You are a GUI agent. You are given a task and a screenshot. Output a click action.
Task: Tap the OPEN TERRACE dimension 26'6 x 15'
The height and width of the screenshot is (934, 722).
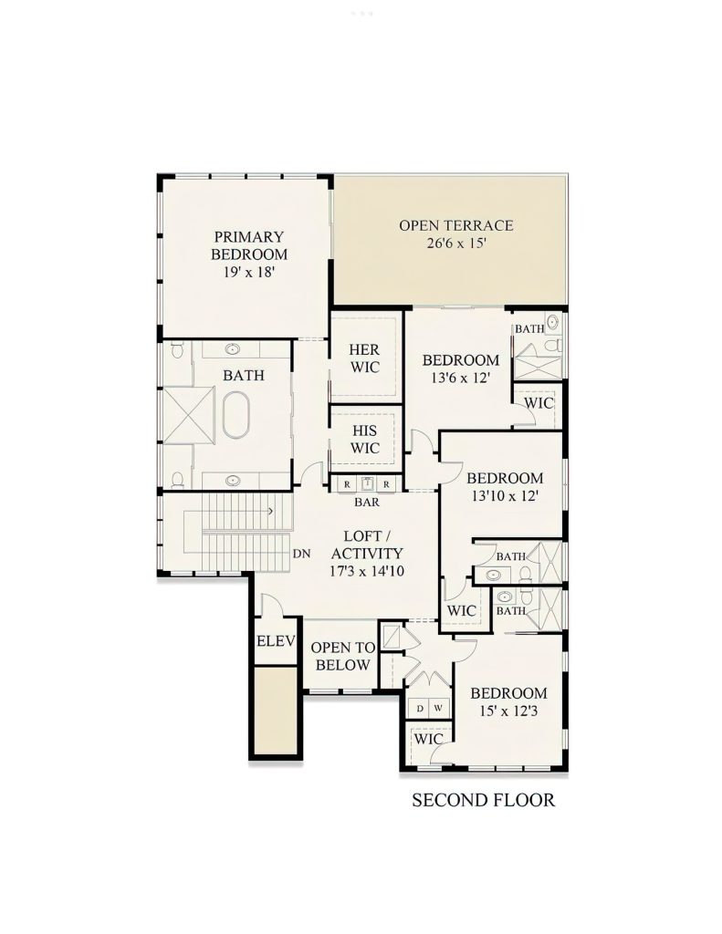(x=455, y=244)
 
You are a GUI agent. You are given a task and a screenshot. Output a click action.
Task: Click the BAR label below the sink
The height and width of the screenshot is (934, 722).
(x=366, y=502)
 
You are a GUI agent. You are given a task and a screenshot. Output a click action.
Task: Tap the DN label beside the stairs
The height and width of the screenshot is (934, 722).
(x=303, y=554)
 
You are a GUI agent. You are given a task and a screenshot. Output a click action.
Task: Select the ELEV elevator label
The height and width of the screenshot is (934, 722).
(x=276, y=641)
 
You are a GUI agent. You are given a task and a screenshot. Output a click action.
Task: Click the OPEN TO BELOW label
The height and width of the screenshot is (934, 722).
(x=341, y=656)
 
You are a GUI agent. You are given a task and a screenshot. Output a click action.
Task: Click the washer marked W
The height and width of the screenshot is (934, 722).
(x=438, y=708)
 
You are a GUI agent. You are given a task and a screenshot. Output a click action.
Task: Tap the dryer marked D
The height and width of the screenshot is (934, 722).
(x=420, y=708)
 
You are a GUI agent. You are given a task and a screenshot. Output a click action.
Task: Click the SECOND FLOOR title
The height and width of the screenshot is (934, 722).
(x=483, y=801)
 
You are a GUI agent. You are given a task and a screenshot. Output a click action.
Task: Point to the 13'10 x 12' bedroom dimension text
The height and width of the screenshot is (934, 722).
(x=504, y=496)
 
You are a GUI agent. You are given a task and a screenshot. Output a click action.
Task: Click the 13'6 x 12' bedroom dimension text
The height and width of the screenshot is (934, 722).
(x=460, y=378)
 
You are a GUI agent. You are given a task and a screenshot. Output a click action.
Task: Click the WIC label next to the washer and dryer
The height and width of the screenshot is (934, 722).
(x=428, y=740)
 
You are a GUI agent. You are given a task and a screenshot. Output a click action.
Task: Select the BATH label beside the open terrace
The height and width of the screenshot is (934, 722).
(x=528, y=328)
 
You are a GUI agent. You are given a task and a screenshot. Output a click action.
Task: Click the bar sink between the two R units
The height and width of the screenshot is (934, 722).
(x=367, y=483)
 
